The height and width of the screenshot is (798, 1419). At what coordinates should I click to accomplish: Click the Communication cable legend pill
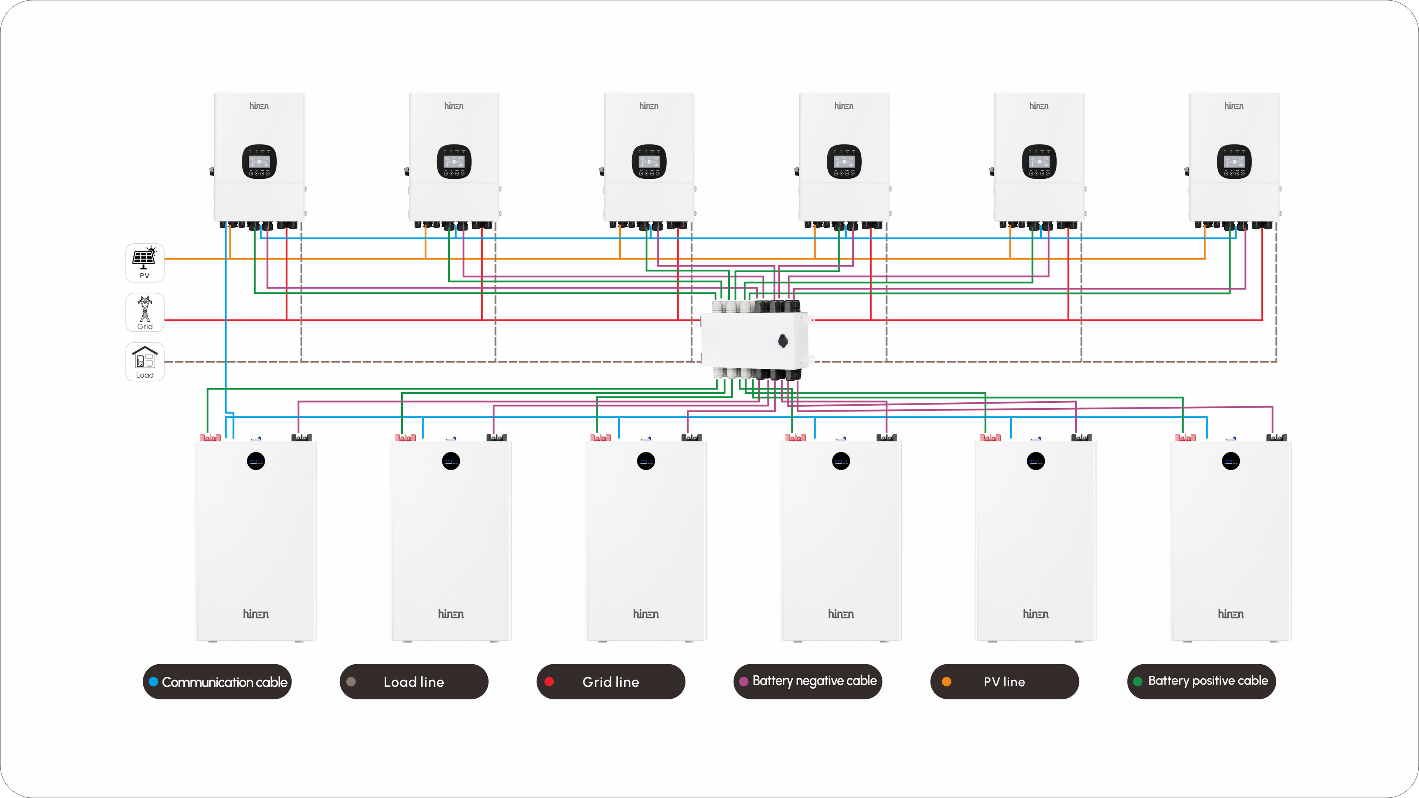pos(217,682)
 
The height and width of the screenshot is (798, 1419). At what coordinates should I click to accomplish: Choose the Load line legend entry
pos(414,682)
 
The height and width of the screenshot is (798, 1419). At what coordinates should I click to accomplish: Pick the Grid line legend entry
pos(610,682)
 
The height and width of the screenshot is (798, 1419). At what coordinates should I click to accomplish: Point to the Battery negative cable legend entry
pos(807,682)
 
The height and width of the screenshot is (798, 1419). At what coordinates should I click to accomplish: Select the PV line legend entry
pos(1004,682)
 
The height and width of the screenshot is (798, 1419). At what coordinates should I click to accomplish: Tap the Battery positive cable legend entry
pos(1201,682)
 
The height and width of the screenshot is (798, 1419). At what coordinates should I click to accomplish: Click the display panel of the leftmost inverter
pos(259,162)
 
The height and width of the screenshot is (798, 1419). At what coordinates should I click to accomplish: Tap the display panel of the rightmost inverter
pos(1234,162)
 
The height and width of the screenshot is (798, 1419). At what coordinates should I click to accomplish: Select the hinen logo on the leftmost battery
pos(256,614)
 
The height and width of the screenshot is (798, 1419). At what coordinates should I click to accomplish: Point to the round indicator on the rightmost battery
pos(1231,461)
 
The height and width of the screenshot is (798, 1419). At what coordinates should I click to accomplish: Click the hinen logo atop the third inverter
pos(649,106)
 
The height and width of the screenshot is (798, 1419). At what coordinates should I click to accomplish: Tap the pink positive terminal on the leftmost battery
pos(210,438)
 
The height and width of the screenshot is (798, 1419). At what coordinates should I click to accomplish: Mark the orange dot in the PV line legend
pos(946,682)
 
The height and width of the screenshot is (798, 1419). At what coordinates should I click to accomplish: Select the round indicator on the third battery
pos(646,461)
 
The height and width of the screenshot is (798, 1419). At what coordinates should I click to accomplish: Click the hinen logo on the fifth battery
pos(1035,614)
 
